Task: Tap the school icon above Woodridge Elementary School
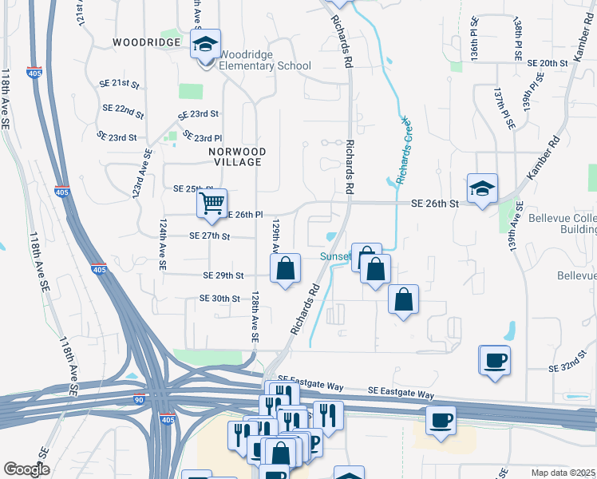(205, 45)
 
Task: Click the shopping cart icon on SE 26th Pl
(212, 204)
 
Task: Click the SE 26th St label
(434, 204)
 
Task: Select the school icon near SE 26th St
(482, 188)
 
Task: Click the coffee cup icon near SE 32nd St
(495, 360)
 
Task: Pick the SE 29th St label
(223, 275)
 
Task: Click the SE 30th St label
(219, 299)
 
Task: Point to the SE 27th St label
(210, 236)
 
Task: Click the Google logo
(26, 469)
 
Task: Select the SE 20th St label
(548, 62)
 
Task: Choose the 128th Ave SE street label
(255, 316)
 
